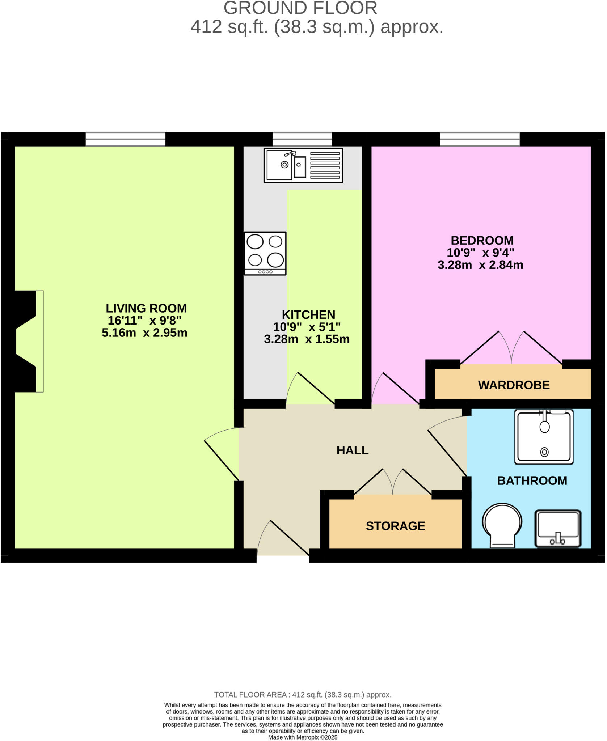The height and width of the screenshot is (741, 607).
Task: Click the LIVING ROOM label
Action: tap(146, 308)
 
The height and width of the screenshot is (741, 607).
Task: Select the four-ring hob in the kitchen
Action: tap(265, 253)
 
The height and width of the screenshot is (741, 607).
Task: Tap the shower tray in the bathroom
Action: tap(544, 437)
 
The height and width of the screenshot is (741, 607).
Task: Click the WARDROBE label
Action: tap(514, 385)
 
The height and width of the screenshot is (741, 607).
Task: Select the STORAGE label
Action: tap(395, 526)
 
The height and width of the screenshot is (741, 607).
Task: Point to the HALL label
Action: tap(352, 450)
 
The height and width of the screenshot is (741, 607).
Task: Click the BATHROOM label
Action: tap(532, 480)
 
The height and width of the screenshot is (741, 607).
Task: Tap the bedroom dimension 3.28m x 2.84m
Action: tap(480, 265)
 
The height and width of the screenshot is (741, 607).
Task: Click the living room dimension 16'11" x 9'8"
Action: tap(144, 321)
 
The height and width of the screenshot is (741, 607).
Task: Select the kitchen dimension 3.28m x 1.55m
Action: tap(307, 339)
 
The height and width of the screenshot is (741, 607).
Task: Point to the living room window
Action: tap(125, 139)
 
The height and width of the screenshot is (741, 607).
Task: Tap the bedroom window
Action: tap(480, 139)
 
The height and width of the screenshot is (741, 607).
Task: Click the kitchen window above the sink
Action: tap(302, 139)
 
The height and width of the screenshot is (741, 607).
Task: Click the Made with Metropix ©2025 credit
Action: tap(303, 737)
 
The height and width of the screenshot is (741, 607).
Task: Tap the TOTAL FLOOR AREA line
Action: tap(303, 695)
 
